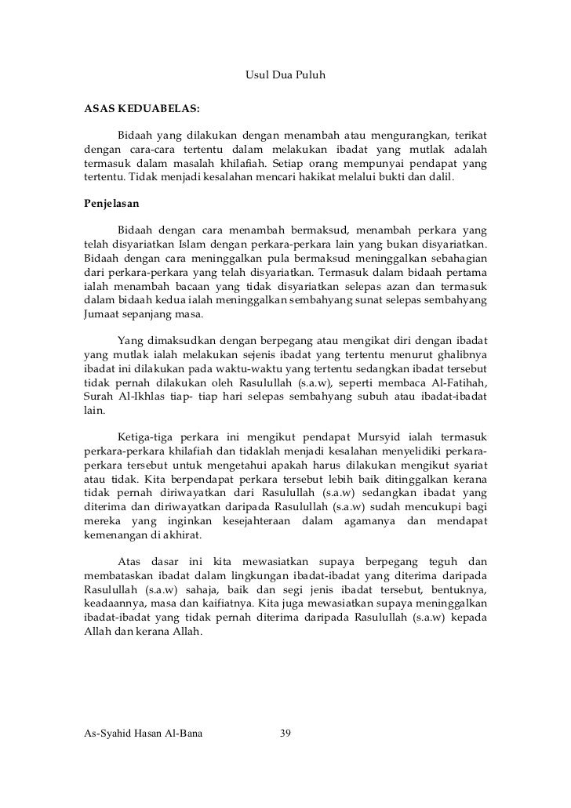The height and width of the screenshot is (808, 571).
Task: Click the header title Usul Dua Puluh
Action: (285, 76)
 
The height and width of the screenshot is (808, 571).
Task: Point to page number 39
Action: (285, 734)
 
